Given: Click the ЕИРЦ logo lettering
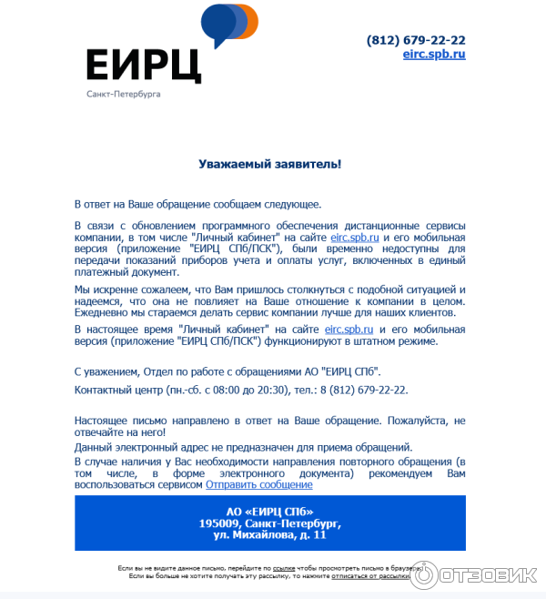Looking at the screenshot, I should click(x=143, y=65).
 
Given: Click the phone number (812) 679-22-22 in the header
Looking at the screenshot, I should click(x=416, y=40).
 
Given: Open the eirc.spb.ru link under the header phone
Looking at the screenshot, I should click(x=434, y=54).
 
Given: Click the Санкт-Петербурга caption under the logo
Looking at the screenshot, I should click(x=123, y=95).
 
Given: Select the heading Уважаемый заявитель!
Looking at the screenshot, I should click(x=270, y=164).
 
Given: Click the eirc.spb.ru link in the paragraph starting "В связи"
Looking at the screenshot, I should click(x=355, y=236).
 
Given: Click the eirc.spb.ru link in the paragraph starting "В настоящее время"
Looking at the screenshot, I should click(x=349, y=329).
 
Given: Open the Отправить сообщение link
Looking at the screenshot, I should click(x=259, y=485).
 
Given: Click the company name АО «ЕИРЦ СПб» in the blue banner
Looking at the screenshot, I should click(x=269, y=511).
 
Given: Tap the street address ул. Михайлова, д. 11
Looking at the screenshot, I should click(x=269, y=535).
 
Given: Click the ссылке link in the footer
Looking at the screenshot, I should click(x=283, y=567).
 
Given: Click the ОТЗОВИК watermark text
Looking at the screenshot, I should click(x=498, y=575).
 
